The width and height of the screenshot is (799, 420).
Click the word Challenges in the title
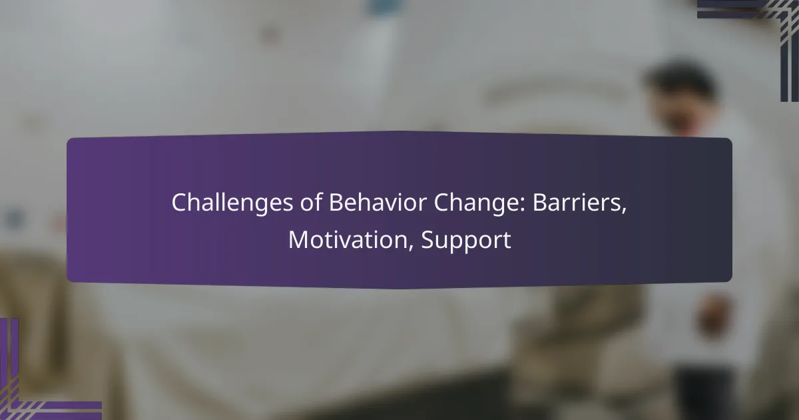232,203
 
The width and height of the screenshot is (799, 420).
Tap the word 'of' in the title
312,202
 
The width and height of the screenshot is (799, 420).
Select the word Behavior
378,202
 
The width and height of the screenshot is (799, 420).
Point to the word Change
476,203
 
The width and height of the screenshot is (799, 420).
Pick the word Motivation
348,239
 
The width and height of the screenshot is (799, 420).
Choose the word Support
466,241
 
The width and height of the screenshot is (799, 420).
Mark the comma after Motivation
411,249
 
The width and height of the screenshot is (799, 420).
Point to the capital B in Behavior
336,203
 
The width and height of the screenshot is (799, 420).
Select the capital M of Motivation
298,240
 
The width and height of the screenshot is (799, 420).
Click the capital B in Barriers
540,203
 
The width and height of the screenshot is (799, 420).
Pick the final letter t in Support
507,241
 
